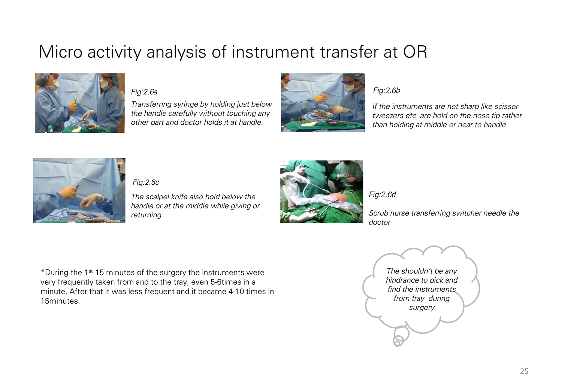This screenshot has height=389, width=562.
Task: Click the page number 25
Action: pyautogui.click(x=524, y=371)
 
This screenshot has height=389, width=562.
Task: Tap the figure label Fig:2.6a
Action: pyautogui.click(x=144, y=92)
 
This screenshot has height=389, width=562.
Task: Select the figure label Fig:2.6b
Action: pyautogui.click(x=387, y=90)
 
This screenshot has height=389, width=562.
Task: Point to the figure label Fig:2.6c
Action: pyautogui.click(x=146, y=182)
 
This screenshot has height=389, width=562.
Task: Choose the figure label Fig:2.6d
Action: pyautogui.click(x=382, y=194)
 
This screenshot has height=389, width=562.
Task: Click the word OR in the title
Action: pyautogui.click(x=415, y=52)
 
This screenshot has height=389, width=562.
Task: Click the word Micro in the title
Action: pyautogui.click(x=60, y=52)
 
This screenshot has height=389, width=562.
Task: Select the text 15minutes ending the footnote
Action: pyautogui.click(x=60, y=301)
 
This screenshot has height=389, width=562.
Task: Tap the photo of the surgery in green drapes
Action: pyautogui.click(x=321, y=192)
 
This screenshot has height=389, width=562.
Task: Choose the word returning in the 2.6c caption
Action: pyautogui.click(x=146, y=215)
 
